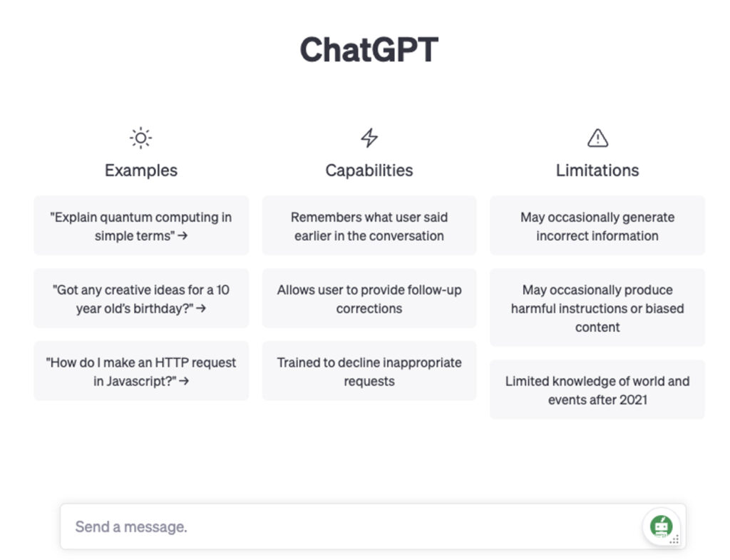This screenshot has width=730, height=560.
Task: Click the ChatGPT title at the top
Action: point(369,49)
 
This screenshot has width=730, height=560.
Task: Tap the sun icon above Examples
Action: point(140,138)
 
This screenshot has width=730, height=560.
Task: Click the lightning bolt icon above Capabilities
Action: point(369,138)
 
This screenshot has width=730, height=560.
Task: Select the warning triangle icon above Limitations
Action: point(598,138)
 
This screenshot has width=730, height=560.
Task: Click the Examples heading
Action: point(141,170)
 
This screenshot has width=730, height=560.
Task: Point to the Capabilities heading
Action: point(369,170)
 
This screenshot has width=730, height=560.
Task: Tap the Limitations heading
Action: point(597,170)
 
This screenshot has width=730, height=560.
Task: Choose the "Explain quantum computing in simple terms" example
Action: point(141,226)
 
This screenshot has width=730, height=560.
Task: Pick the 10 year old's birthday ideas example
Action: point(141,299)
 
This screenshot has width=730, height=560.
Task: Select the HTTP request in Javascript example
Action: point(141,372)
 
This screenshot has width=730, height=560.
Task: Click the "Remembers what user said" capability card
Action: point(369,226)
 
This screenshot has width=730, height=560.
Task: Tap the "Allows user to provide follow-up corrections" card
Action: point(369,299)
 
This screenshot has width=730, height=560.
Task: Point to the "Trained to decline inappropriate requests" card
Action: point(369,372)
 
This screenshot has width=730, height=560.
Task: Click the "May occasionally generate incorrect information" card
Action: point(597,226)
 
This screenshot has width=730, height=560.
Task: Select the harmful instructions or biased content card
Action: point(597,308)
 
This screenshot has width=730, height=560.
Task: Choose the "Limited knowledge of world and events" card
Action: point(597,390)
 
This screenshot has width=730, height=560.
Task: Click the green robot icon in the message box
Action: point(661,526)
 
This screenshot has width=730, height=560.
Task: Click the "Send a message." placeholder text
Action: point(131,526)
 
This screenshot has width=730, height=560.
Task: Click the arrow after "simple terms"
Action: point(183,235)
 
